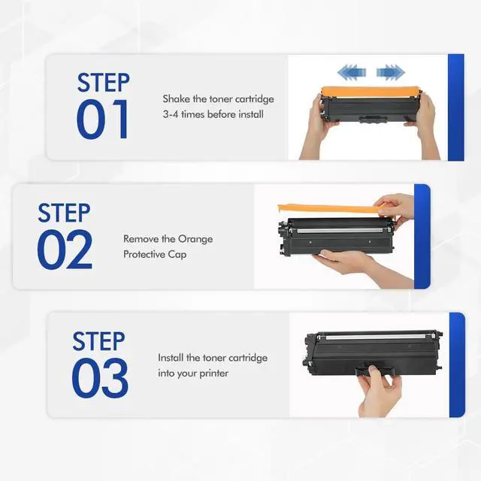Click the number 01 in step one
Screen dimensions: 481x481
(102, 119)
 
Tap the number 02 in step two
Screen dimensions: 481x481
(65, 250)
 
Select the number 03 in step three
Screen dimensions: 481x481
(100, 378)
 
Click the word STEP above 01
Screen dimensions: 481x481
(104, 83)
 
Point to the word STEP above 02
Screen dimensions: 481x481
(64, 213)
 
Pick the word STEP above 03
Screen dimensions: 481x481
(98, 341)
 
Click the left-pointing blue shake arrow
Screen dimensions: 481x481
(352, 73)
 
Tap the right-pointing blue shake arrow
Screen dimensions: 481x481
(391, 73)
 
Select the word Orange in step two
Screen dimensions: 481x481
(195, 240)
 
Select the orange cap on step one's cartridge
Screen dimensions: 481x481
(371, 92)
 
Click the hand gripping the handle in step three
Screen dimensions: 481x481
(380, 391)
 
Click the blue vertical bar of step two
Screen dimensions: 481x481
(422, 236)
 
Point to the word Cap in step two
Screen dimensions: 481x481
(177, 255)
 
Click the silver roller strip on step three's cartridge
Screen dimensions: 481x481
(377, 337)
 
